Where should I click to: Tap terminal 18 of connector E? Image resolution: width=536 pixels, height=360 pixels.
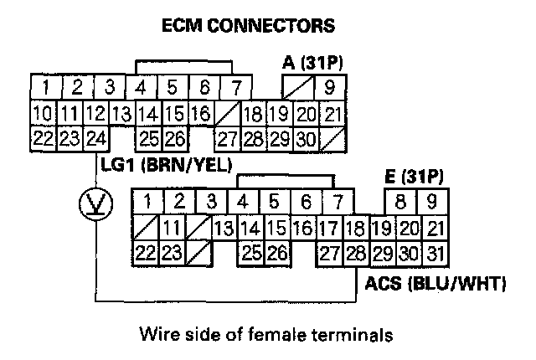click(x=355, y=227)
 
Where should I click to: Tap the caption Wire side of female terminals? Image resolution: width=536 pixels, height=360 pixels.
click(x=265, y=335)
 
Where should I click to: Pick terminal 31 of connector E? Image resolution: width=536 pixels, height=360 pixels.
click(x=433, y=252)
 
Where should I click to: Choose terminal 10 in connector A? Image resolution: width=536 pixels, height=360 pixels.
click(x=41, y=113)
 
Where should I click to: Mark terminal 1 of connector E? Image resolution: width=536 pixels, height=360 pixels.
click(x=147, y=202)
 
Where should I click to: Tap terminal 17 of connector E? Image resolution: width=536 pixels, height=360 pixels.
click(x=330, y=227)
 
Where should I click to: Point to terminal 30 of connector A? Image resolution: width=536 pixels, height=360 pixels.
click(x=305, y=137)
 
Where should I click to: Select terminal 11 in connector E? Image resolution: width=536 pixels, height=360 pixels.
click(x=172, y=227)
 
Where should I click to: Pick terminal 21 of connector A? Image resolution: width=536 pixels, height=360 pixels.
click(x=332, y=113)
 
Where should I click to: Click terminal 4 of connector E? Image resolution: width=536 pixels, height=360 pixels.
click(x=243, y=202)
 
